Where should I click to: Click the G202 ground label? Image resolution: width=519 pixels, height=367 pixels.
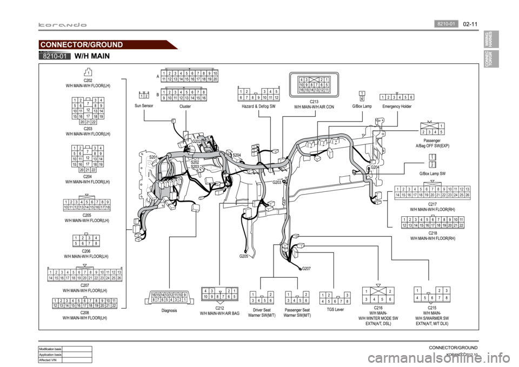pos(197,141)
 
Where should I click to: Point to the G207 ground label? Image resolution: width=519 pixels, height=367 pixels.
pos(306,268)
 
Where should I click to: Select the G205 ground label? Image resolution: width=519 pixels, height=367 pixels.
pos(244,257)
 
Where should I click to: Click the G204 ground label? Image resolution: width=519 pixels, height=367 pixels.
pos(375,168)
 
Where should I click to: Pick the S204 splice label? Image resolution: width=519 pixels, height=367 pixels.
pos(236,155)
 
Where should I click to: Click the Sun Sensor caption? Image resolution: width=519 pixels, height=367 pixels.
pos(145,105)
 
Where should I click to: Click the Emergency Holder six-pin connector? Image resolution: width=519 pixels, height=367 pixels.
pos(397,97)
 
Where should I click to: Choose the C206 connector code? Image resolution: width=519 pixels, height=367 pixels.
pos(86,251)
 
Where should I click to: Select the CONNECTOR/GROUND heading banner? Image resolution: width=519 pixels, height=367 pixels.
pos(83,44)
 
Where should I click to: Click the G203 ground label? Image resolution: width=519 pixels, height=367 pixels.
pos(277,183)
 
